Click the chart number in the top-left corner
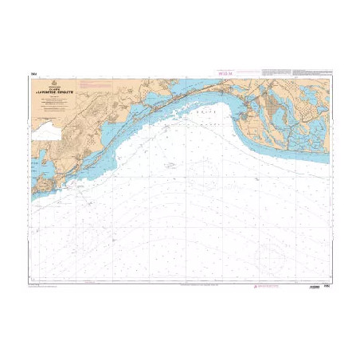[x=33, y=74]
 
